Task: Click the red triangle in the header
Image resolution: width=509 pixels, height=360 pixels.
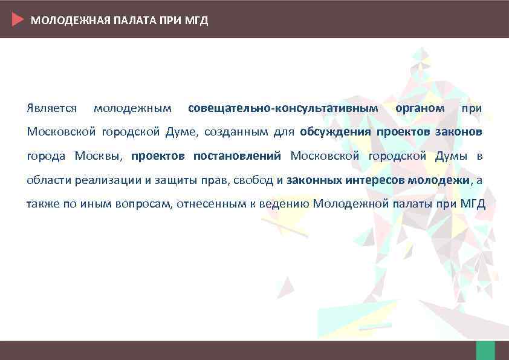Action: point(18,20)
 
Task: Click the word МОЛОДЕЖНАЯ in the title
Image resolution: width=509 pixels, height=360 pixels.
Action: point(59,21)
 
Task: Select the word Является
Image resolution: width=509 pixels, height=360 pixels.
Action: point(51,108)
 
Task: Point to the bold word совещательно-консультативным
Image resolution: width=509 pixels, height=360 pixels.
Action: point(283,108)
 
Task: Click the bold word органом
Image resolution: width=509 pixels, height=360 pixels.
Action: point(420,108)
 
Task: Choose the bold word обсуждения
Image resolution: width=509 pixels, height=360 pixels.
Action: point(335,132)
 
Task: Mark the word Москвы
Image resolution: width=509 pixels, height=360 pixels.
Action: point(99,156)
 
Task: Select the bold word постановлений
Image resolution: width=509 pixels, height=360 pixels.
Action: point(237,156)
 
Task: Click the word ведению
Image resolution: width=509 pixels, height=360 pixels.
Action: point(284,203)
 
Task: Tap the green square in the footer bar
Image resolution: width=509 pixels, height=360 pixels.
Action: point(485,350)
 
